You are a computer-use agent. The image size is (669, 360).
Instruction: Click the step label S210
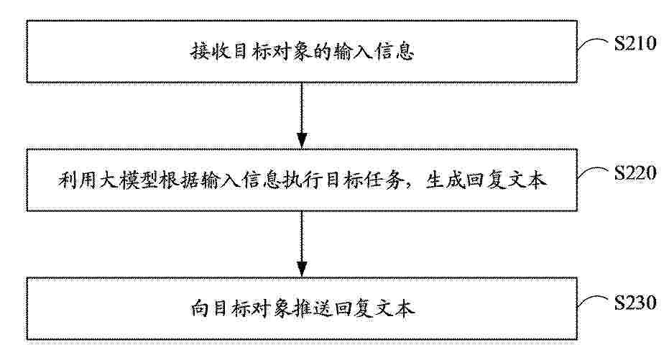tap(635, 44)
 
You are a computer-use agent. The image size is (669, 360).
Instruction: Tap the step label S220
tap(635, 172)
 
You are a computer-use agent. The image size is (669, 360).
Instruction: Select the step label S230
tap(635, 303)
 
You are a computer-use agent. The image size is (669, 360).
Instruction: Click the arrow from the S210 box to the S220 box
tap(302, 115)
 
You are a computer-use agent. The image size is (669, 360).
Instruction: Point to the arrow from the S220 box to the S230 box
tap(302, 244)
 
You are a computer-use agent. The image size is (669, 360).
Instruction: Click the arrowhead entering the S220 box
tap(302, 141)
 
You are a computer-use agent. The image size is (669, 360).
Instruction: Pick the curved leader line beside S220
tap(592, 172)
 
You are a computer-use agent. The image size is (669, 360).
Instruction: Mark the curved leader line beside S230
tap(592, 301)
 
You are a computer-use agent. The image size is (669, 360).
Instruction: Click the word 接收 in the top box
tap(208, 52)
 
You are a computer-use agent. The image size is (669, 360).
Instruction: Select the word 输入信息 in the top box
tap(374, 52)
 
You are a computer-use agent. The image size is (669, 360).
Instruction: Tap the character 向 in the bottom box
tap(198, 309)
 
